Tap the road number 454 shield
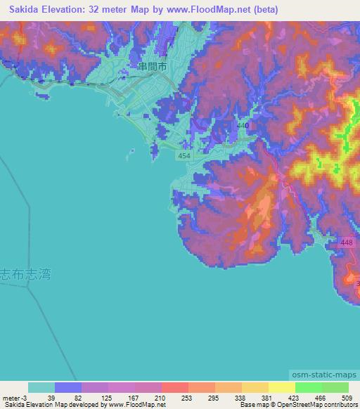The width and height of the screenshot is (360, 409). tap(184, 155)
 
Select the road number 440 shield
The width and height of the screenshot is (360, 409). tap(243, 125)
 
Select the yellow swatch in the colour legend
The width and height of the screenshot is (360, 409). tap(282, 387)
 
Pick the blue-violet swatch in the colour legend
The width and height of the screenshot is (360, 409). tap(68, 387)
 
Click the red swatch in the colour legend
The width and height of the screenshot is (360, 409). tap(175, 387)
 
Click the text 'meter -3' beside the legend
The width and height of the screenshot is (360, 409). tap(14, 397)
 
